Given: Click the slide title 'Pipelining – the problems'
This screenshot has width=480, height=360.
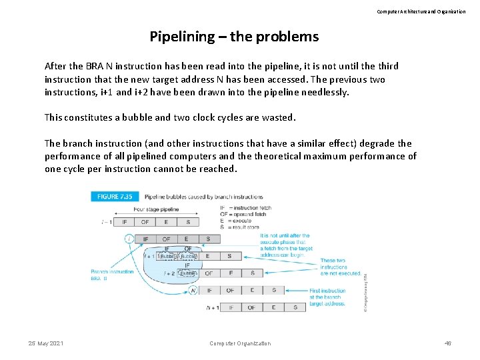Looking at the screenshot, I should point(234,36).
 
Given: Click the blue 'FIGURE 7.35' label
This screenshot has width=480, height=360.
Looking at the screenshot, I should point(114,197).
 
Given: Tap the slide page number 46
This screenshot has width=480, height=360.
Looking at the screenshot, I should point(448,343).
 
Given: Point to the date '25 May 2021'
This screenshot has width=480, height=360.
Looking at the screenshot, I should point(46,343).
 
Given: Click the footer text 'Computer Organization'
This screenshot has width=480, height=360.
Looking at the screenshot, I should point(240,343).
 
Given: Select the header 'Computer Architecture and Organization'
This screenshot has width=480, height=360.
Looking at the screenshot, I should point(421,11).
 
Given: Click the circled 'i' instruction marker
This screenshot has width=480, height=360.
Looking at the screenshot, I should point(129,239).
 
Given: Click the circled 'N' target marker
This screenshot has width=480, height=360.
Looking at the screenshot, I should point(193,290).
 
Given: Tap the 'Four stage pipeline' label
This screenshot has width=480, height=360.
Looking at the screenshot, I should point(156,209).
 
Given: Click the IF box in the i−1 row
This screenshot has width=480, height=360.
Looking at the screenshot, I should point(123,222).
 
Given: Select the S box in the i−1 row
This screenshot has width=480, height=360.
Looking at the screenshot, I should point(188,222).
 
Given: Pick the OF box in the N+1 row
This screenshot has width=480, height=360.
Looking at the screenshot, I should point(251,307).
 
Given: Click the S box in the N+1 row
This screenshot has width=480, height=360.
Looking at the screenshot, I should point(295,307).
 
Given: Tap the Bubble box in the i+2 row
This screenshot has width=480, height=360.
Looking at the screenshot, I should point(187,273).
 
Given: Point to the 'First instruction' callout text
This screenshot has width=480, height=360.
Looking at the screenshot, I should point(327,291).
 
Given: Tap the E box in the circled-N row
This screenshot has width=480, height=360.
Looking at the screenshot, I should point(252,290).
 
